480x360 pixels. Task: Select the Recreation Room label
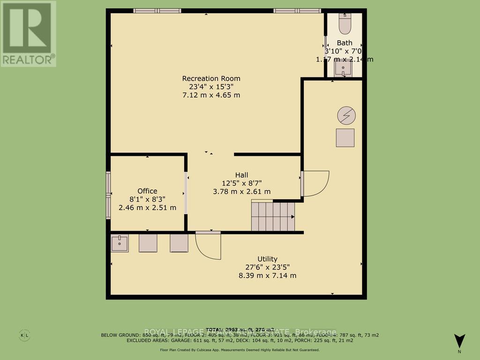[x=211, y=78]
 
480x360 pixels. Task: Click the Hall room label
[x=241, y=174]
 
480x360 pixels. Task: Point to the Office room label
[x=147, y=191]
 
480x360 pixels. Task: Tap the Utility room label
[x=267, y=259]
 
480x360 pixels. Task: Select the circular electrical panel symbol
[x=346, y=115]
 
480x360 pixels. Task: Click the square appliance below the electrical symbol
[x=345, y=138]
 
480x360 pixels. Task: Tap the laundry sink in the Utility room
[x=120, y=243]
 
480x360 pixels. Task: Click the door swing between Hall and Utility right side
[x=315, y=183]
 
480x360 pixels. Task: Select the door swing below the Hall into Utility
[x=208, y=245]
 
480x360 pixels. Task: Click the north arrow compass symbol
[x=460, y=341]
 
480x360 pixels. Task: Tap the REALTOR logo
[x=28, y=34]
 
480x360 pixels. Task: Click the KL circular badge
[x=24, y=335]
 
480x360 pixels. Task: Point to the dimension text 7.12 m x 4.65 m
[x=211, y=95]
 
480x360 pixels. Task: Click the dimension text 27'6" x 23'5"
[x=267, y=267]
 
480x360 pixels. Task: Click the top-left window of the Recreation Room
[x=151, y=10]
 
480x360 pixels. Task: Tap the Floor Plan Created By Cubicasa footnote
[x=240, y=350]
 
